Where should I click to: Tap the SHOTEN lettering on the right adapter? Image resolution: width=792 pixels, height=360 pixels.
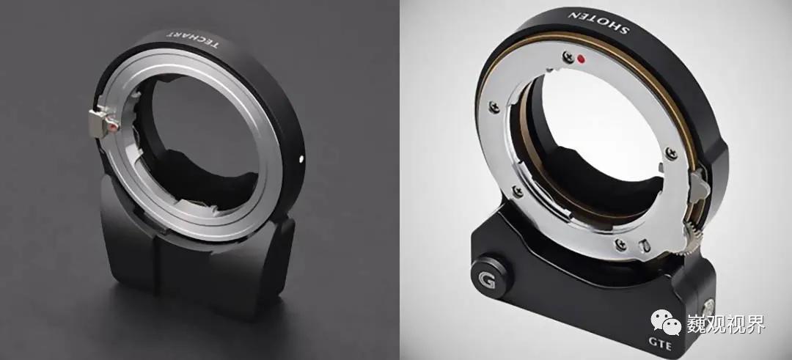pos(598,22)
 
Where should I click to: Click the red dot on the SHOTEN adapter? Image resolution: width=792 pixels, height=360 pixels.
pos(581,59)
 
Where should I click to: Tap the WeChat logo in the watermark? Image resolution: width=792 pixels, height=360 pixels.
pos(666,322)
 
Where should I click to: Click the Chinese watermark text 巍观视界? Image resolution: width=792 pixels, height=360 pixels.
pos(725,323)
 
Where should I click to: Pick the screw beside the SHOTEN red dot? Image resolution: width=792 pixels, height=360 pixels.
pos(568,56)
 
